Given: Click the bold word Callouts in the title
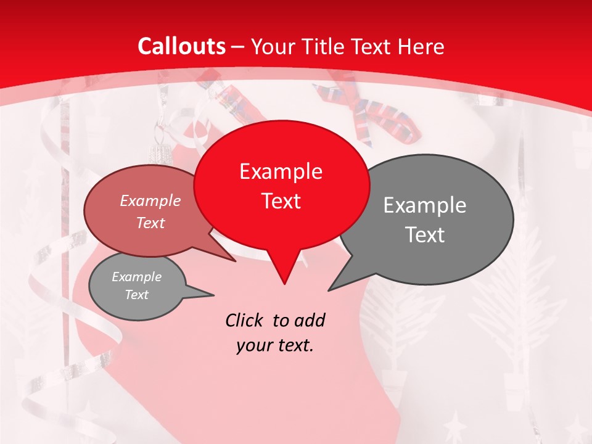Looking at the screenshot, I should click(182, 46).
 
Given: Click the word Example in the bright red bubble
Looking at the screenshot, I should click(281, 171).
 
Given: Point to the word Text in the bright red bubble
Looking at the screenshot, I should click(281, 201).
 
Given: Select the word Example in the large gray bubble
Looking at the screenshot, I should click(425, 205).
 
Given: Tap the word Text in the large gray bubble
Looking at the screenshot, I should click(425, 235).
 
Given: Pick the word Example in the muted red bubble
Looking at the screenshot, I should click(150, 200).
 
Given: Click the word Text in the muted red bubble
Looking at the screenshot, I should click(150, 223).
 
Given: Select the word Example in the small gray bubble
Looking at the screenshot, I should click(136, 277).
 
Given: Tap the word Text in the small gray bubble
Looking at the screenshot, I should click(136, 295).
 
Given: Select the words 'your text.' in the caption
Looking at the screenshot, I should click(275, 345).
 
